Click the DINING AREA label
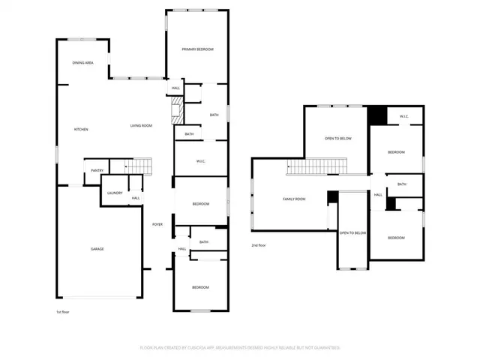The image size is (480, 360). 82,63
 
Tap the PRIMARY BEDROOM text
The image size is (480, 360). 197,49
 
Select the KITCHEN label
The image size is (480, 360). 80,130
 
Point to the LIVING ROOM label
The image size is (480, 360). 141,125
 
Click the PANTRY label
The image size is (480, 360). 97,170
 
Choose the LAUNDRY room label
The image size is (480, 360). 114,193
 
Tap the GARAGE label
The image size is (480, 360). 97,249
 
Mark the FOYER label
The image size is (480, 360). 157,224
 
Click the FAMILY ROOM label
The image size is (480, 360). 294,199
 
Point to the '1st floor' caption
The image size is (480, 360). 64,312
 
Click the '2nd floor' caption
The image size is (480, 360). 259,245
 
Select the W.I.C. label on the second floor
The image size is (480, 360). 403,116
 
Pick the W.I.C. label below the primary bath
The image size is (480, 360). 201,161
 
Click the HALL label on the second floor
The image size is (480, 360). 378,194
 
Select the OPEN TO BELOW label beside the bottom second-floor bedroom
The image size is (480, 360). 352,233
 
